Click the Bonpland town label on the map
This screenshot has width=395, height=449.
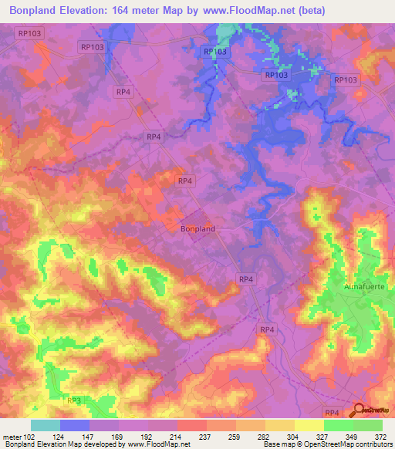(x=197, y=229)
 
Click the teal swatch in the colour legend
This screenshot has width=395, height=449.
(x=45, y=425)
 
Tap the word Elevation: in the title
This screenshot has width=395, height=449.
(x=107, y=11)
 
